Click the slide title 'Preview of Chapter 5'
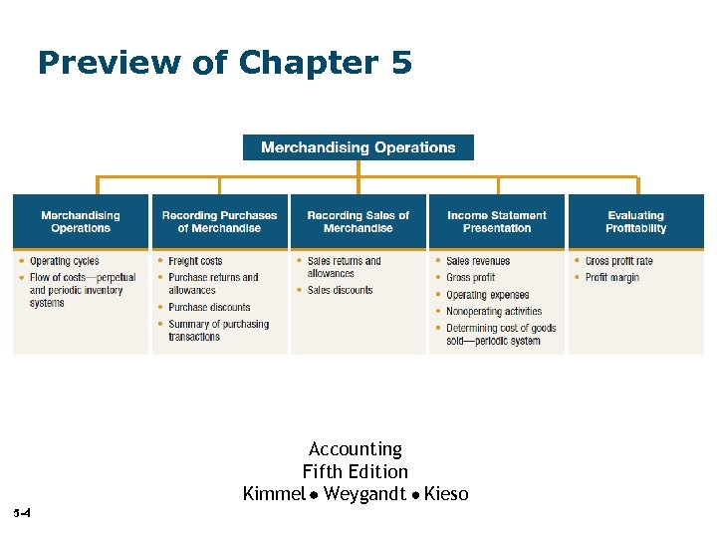[224, 64]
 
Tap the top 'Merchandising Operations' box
[358, 147]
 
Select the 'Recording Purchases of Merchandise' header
[219, 221]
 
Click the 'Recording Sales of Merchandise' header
[358, 221]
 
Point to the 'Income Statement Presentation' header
[497, 221]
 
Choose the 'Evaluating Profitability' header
[635, 221]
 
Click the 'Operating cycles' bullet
[65, 262]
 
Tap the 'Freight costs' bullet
[195, 262]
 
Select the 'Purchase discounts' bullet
[209, 308]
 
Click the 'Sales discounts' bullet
[340, 291]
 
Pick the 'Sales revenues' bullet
[478, 262]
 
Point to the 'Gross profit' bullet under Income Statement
[471, 278]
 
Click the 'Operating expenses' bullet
[488, 295]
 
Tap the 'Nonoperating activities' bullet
[494, 312]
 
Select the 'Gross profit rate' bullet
[618, 262]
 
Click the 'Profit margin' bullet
[611, 278]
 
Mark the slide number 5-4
[23, 514]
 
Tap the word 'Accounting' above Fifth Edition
[356, 449]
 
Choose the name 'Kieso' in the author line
[446, 494]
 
